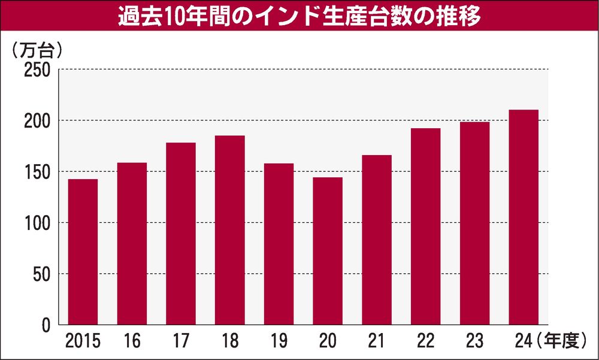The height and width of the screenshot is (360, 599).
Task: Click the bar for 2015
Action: point(83,252)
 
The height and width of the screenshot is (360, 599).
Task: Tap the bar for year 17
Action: point(181,234)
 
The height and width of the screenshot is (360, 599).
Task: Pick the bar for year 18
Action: point(230,230)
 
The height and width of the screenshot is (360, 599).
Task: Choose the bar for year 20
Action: point(328,251)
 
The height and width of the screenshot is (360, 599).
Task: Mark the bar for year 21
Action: point(377,240)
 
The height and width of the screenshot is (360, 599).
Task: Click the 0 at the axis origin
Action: point(47,325)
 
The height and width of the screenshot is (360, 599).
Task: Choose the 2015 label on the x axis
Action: point(83,343)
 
